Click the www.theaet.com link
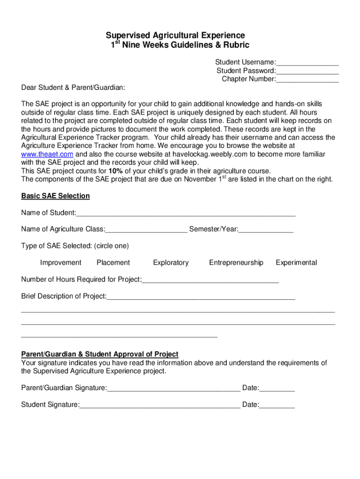coord(47,154)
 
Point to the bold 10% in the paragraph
coord(115,171)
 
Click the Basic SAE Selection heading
coord(55,196)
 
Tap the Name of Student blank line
coord(186,214)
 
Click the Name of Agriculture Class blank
coord(146,230)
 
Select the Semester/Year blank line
coord(266,230)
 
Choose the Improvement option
coord(61,262)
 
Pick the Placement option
coord(113,262)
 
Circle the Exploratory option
coord(171,262)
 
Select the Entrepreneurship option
coord(236,262)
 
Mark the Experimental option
coord(296,262)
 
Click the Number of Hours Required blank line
coord(210,280)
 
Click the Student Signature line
coord(160,406)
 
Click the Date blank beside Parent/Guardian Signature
coord(277,389)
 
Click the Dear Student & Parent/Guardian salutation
coord(73,87)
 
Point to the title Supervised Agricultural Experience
coord(175,36)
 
